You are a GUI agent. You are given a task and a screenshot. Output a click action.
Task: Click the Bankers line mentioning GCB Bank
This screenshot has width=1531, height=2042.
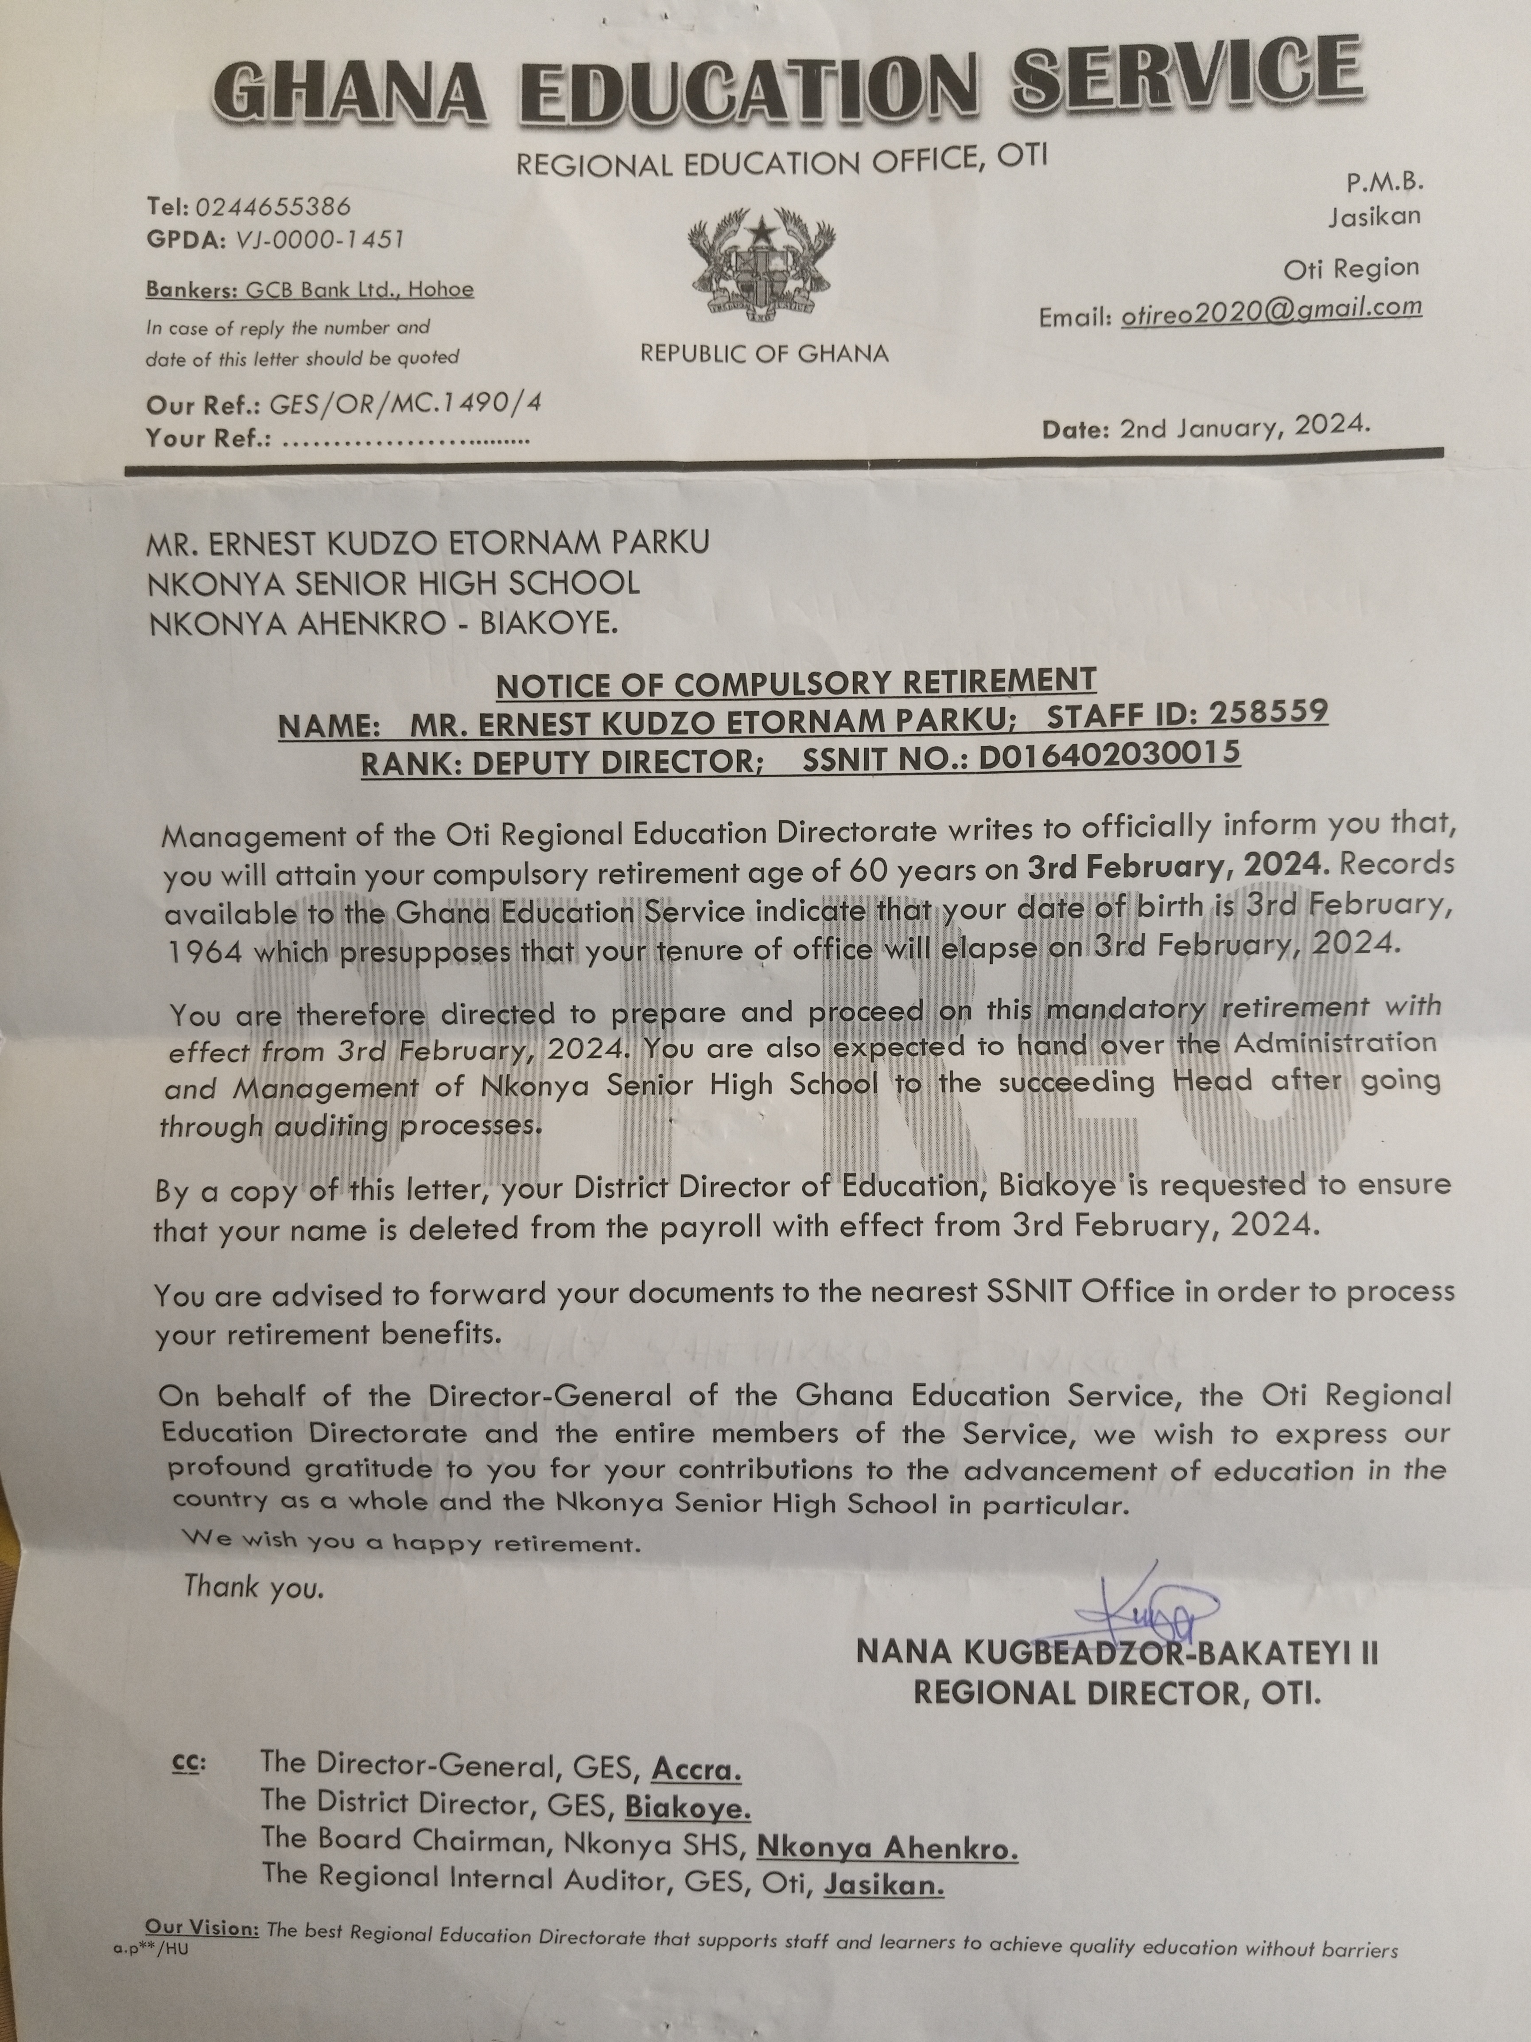[x=309, y=290]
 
